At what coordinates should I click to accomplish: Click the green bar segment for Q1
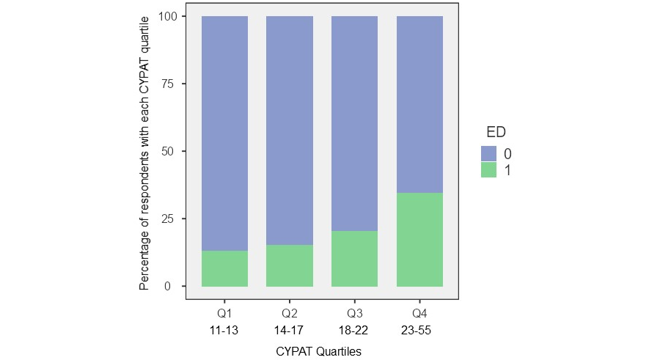(x=224, y=268)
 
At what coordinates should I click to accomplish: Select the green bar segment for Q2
(x=290, y=265)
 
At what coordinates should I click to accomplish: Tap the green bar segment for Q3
(x=355, y=259)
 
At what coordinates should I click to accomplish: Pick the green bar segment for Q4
(x=420, y=240)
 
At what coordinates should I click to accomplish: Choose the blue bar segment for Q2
(x=290, y=131)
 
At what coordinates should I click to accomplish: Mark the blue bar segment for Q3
(x=355, y=124)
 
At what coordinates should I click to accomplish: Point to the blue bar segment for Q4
(x=420, y=105)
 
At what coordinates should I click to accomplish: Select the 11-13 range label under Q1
(x=224, y=329)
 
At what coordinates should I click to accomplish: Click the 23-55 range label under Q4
(x=420, y=329)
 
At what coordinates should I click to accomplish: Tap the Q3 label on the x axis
(x=355, y=313)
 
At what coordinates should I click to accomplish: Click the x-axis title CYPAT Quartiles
(x=319, y=351)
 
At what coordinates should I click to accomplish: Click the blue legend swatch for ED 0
(x=489, y=153)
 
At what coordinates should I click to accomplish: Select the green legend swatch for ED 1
(x=489, y=169)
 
